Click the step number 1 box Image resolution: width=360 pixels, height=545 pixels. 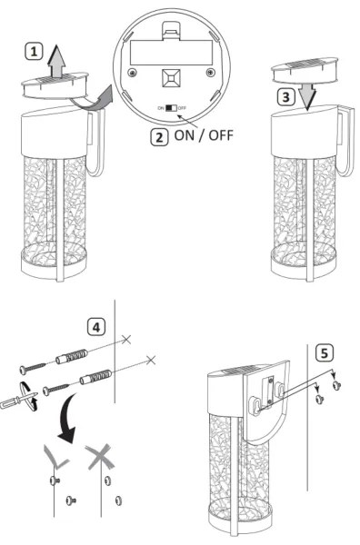tap(34, 52)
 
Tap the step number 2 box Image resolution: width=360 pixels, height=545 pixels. tap(159, 137)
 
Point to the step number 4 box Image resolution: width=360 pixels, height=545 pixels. tap(96, 327)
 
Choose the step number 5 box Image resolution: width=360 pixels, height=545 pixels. tap(325, 353)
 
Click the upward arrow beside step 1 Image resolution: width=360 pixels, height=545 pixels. tap(57, 61)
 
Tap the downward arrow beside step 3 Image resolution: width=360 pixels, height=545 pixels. tap(307, 95)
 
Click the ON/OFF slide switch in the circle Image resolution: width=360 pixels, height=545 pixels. tap(171, 108)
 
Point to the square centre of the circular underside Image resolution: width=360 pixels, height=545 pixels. tap(171, 77)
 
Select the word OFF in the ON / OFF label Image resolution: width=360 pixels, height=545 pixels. tap(221, 135)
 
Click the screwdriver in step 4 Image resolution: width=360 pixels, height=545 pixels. tap(19, 400)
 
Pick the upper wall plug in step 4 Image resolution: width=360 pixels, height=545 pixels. tap(72, 356)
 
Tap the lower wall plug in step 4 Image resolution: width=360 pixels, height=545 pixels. tap(96, 377)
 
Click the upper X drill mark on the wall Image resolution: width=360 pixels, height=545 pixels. tap(126, 339)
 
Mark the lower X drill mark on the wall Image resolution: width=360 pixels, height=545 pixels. tap(151, 360)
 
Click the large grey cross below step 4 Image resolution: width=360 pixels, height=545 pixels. tap(100, 457)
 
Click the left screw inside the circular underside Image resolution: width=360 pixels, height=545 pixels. tap(132, 73)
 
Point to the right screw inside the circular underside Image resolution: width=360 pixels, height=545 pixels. tap(210, 73)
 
